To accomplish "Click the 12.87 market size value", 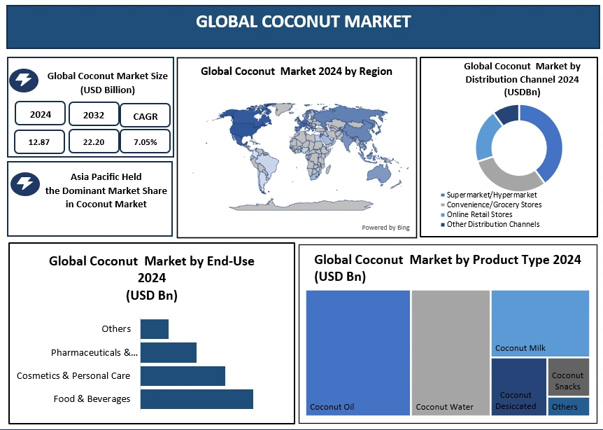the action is [x=39, y=142].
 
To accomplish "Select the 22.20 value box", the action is [x=94, y=141].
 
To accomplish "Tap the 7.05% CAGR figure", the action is [x=146, y=142].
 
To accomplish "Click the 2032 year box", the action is [x=94, y=114].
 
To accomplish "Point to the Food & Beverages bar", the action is [x=197, y=399].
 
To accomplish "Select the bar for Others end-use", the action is [x=154, y=329].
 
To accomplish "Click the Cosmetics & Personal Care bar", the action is [x=183, y=376].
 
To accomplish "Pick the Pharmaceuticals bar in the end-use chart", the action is [x=169, y=353].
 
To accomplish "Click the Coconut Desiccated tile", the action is [x=519, y=387].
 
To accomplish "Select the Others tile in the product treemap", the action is [x=569, y=406].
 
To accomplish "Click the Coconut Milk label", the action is [x=520, y=348].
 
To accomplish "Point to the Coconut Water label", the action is [x=445, y=407].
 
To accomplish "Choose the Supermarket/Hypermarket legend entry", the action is [x=489, y=195].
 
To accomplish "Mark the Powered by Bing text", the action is [x=385, y=228].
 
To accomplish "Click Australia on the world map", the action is [x=378, y=175].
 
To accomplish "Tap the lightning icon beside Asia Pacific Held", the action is [x=25, y=183].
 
